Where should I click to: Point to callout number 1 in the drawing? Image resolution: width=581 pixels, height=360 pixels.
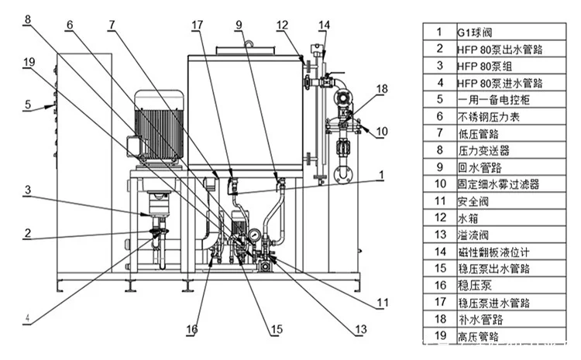click(381, 175)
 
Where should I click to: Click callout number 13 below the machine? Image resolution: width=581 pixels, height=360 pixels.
click(359, 329)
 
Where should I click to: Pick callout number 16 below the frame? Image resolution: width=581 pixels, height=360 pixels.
click(191, 330)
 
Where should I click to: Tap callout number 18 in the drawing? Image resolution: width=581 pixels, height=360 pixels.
click(381, 90)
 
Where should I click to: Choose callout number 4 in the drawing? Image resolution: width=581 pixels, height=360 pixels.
click(28, 317)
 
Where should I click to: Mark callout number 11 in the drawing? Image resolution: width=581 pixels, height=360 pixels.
click(381, 302)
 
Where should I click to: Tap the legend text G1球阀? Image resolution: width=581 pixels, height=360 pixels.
click(474, 32)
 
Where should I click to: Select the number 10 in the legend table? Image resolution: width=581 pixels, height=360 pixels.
click(438, 183)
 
